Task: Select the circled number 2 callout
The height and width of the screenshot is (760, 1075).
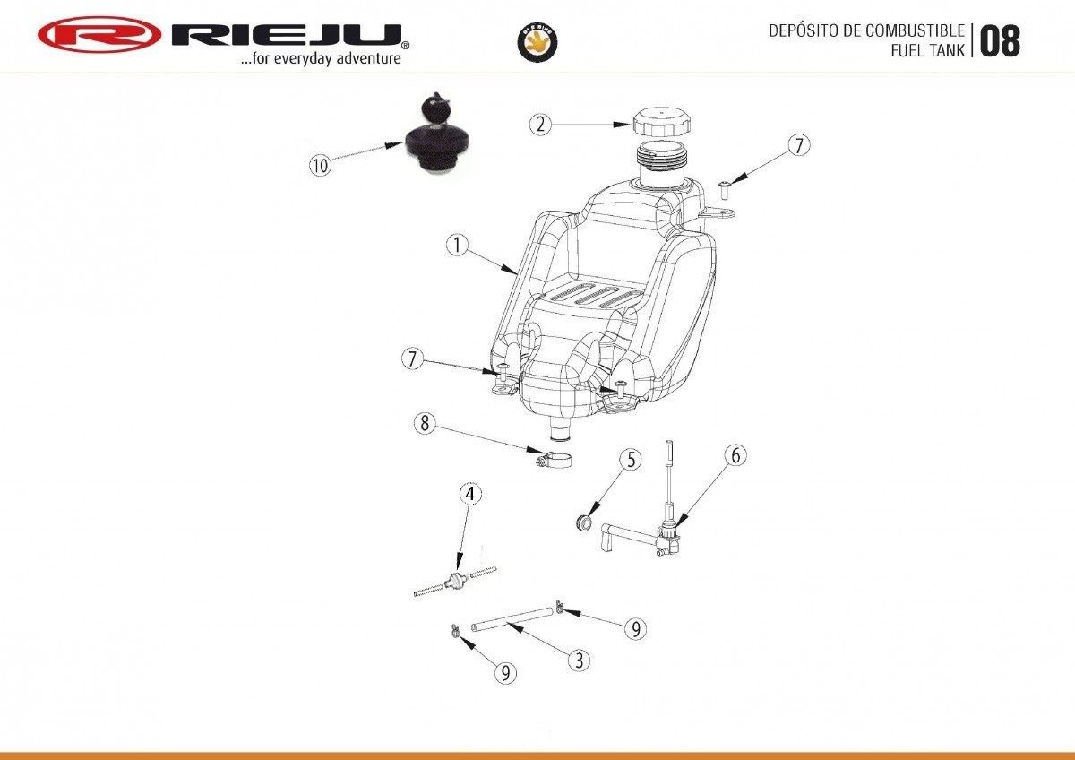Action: pyautogui.click(x=538, y=125)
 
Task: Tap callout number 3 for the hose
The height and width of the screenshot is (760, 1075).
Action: pyautogui.click(x=580, y=661)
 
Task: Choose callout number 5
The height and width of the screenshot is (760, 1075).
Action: pyautogui.click(x=632, y=460)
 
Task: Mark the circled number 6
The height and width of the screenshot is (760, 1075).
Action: pyautogui.click(x=735, y=455)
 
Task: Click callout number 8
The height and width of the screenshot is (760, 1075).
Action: pyautogui.click(x=425, y=423)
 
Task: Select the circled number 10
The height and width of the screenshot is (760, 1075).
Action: pyautogui.click(x=320, y=165)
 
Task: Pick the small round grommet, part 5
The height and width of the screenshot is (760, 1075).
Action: pyautogui.click(x=585, y=521)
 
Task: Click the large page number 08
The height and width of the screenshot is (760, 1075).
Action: pyautogui.click(x=999, y=41)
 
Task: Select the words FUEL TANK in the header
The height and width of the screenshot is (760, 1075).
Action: pyautogui.click(x=927, y=51)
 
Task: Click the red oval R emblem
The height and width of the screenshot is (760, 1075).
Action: pyautogui.click(x=98, y=36)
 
